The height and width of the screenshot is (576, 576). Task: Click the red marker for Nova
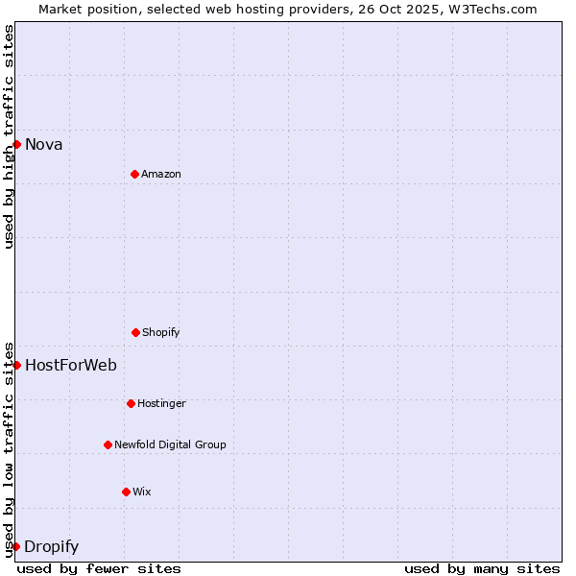(16, 144)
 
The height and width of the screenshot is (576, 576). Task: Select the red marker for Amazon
(134, 174)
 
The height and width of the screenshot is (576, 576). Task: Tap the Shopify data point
(135, 332)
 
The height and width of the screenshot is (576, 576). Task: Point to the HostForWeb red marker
(16, 365)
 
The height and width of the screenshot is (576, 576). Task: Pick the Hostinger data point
(131, 403)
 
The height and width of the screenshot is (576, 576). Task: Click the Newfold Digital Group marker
(108, 444)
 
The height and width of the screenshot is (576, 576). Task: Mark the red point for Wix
(126, 492)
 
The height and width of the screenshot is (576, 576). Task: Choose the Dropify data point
(16, 546)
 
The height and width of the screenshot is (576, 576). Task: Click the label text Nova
(44, 145)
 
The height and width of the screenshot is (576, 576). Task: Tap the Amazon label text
(161, 175)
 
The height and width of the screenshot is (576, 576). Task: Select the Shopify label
(161, 333)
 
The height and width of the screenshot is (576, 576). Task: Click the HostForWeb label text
(71, 366)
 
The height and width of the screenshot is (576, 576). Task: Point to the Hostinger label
(161, 404)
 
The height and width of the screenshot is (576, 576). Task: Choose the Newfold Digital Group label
(170, 445)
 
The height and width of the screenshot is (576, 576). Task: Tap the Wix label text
(142, 492)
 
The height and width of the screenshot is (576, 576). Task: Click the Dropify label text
(52, 547)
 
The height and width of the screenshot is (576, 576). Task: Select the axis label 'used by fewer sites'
(99, 568)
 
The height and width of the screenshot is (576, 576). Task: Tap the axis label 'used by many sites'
(482, 568)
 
